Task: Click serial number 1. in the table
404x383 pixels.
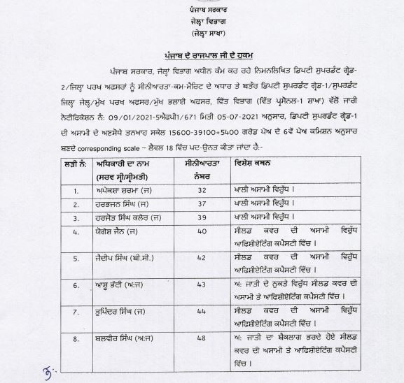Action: (x=78, y=189)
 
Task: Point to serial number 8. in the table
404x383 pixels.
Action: (x=78, y=339)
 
